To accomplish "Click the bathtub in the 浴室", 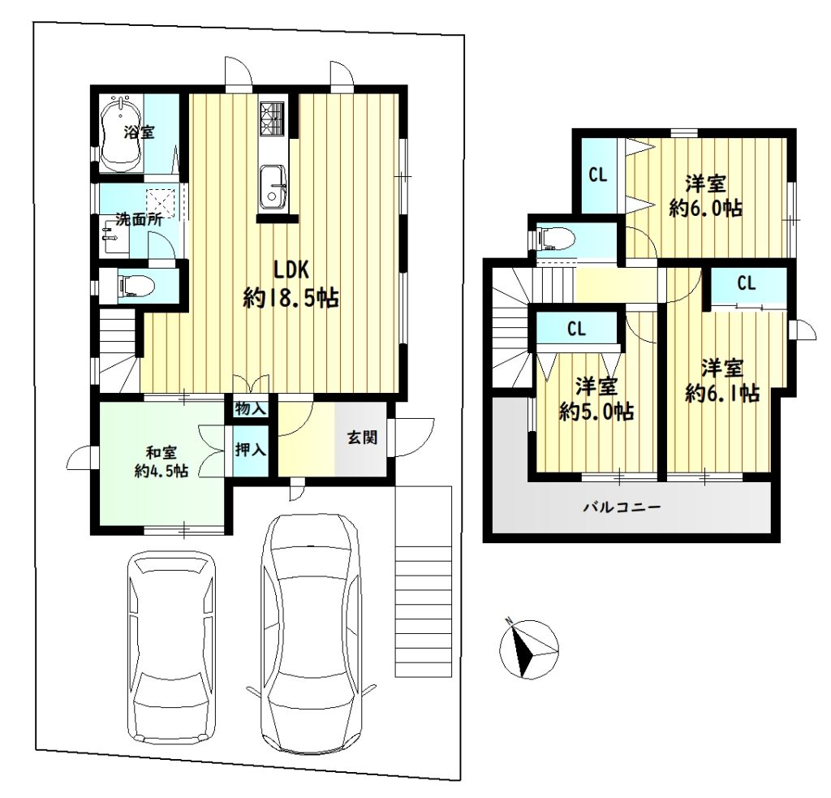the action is [x=122, y=135].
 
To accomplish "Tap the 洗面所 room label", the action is [x=140, y=219].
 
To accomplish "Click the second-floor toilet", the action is [x=554, y=238].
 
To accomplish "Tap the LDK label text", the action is [x=291, y=270].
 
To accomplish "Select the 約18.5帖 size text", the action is [x=291, y=299].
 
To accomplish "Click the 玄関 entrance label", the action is [x=363, y=438].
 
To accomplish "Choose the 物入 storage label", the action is [x=250, y=409].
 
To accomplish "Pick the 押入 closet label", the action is [x=250, y=450].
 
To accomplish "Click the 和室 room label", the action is [x=161, y=453].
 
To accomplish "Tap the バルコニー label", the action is [x=622, y=507].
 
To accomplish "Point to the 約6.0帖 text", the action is [x=705, y=208].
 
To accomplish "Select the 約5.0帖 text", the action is [x=596, y=412].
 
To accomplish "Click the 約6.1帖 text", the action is [x=721, y=393].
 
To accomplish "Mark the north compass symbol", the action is [x=529, y=649].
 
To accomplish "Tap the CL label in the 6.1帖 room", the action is [x=747, y=283].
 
